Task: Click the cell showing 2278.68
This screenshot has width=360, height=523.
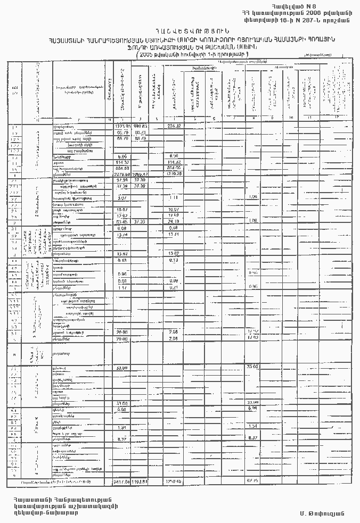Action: (x=122, y=173)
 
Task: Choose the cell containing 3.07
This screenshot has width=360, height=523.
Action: (x=122, y=198)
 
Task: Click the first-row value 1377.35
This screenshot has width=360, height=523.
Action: (x=122, y=126)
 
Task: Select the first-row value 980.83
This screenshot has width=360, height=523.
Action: (x=140, y=126)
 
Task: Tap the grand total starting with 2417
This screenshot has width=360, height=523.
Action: (x=122, y=482)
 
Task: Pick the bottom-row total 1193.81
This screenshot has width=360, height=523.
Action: (x=140, y=482)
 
